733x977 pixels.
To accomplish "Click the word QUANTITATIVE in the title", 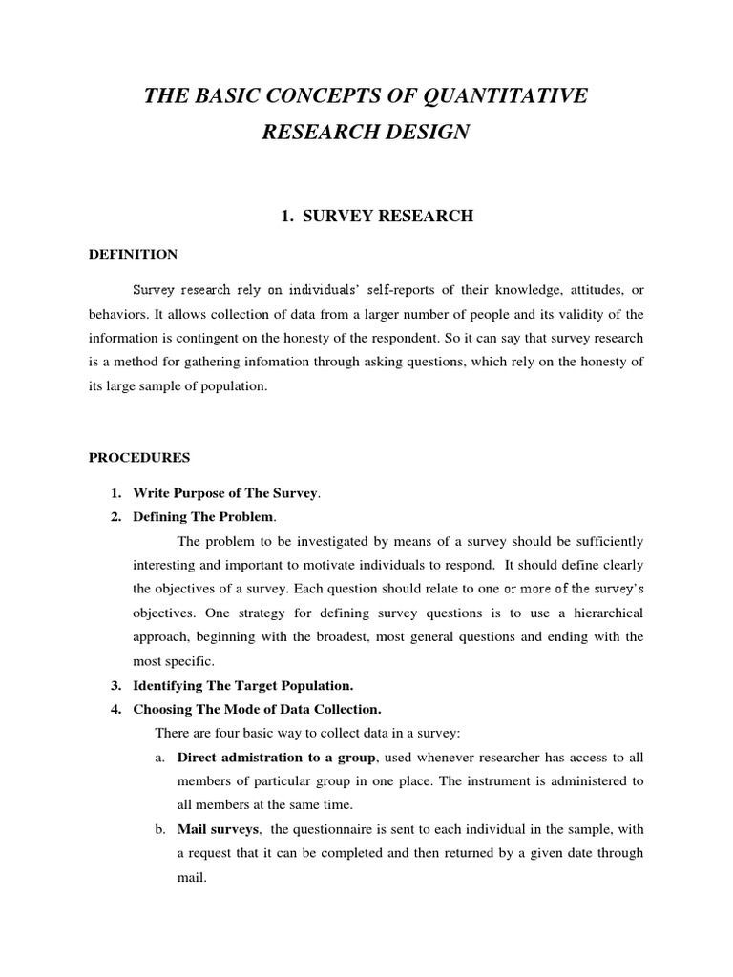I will click(x=506, y=95).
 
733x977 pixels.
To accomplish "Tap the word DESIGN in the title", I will click(x=424, y=133).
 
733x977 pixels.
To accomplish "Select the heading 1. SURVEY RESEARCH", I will click(x=376, y=217).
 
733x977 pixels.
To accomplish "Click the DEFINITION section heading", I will click(x=133, y=255).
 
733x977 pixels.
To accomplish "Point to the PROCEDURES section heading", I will click(x=139, y=458).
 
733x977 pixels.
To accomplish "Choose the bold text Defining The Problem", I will click(x=203, y=517).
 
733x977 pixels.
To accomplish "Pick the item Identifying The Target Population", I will click(x=243, y=685).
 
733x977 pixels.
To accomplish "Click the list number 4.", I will click(x=115, y=709).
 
